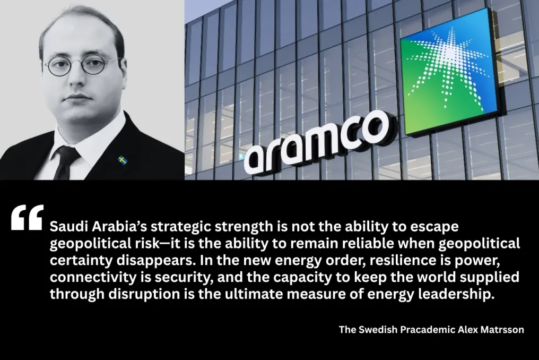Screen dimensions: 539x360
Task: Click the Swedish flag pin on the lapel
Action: click(123, 160)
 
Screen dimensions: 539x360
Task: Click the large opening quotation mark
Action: click(27, 218)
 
